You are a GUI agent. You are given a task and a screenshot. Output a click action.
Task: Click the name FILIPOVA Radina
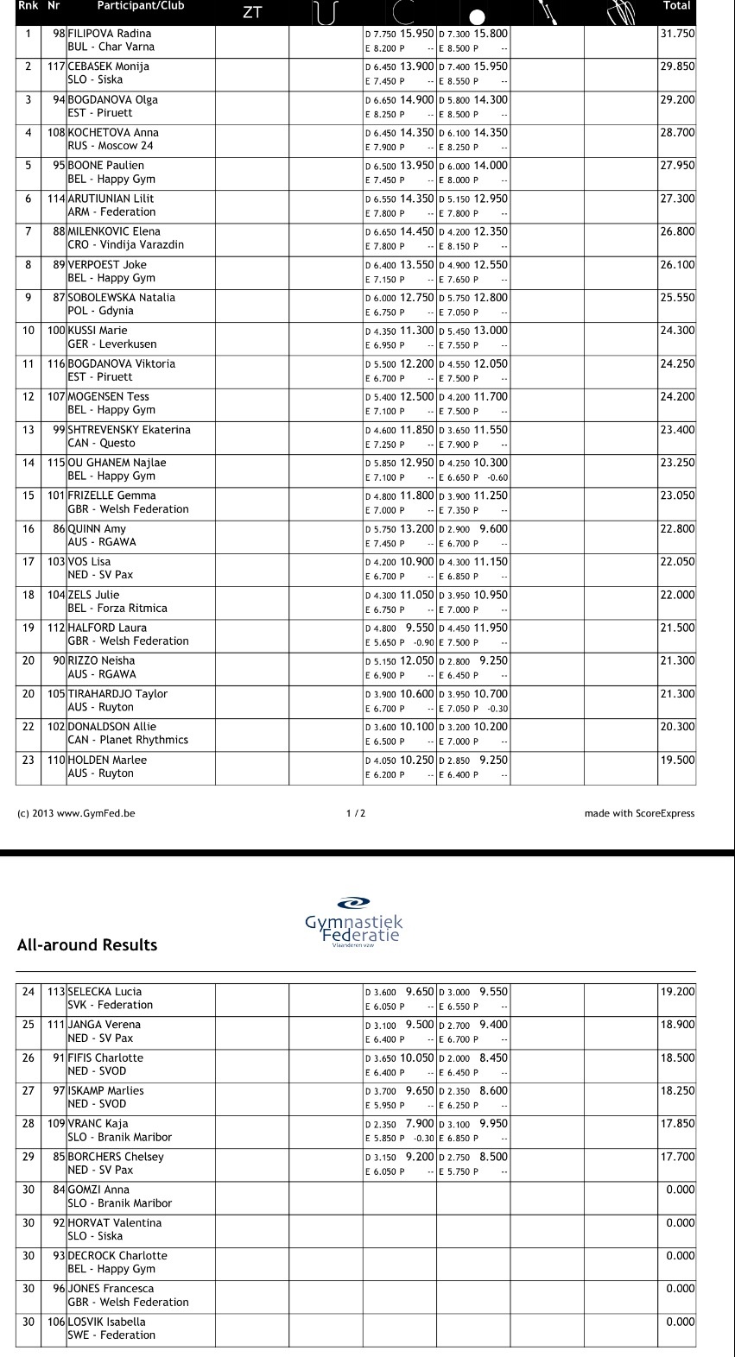coord(110,34)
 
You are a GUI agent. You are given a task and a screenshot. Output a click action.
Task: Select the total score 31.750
coord(677,34)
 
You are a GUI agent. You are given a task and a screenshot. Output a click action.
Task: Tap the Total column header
coord(676,6)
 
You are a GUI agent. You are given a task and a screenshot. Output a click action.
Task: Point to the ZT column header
coord(252,12)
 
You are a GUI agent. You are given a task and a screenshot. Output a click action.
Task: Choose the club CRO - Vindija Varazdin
coord(125,245)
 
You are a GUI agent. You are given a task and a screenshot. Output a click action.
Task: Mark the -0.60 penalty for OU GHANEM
coord(497,477)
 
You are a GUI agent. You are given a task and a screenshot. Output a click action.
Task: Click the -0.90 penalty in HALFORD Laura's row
coord(423,642)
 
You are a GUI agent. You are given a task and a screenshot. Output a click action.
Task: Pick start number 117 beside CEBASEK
coord(56,66)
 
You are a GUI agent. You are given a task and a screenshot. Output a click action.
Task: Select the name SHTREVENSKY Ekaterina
coord(129,430)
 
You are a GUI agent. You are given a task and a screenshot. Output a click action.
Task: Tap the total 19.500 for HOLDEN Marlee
coord(677,761)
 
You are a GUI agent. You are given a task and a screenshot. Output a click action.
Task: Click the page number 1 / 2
coord(356,813)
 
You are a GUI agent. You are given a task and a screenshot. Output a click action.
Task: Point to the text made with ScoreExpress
coord(639,813)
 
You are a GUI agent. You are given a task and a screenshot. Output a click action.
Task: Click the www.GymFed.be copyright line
coord(76,813)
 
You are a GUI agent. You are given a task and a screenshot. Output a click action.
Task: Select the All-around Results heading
coord(87,945)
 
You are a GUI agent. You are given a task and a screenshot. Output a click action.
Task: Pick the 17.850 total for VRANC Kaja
coord(677,1124)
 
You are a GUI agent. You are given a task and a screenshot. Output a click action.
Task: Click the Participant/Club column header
coord(139,6)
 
